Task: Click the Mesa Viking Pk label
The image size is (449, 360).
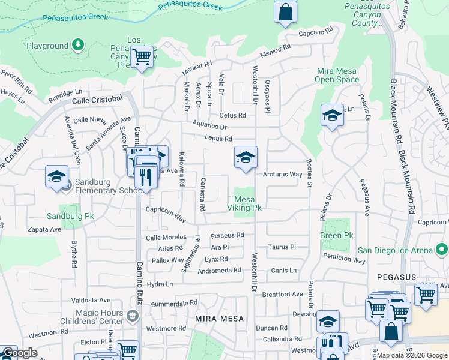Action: click(244, 203)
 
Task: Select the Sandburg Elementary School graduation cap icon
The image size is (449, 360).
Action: click(56, 178)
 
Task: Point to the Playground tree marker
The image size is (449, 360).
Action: click(77, 45)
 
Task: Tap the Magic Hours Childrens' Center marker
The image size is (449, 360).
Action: click(133, 315)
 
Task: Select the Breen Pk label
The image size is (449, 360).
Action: click(337, 236)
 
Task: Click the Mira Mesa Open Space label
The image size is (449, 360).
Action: click(337, 75)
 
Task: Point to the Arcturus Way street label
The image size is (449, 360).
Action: click(282, 175)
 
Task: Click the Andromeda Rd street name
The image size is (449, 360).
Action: click(219, 271)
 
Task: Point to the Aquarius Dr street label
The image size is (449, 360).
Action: click(209, 127)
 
